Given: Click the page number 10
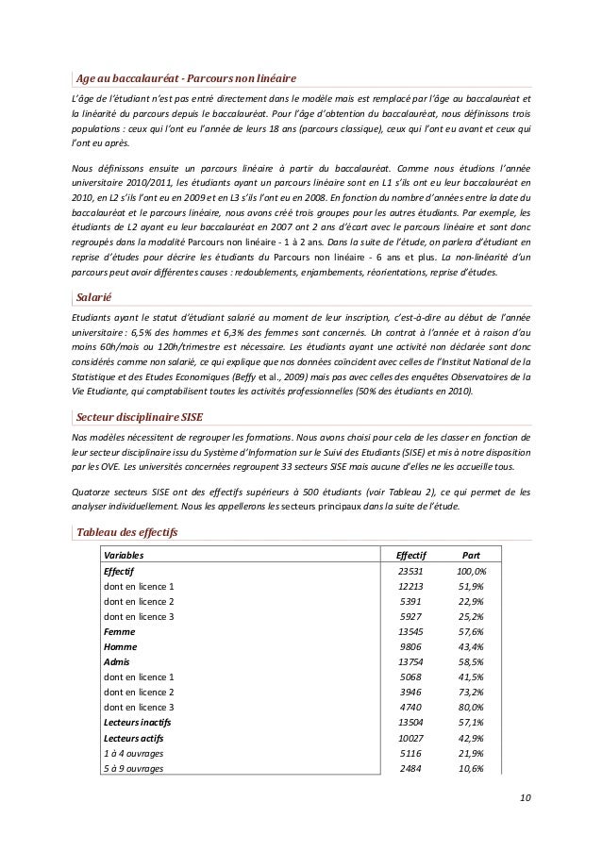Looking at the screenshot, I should click(x=525, y=801).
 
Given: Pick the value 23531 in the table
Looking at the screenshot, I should click(x=411, y=571).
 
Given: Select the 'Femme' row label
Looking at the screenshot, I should click(x=119, y=631).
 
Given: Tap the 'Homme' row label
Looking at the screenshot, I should click(x=120, y=647).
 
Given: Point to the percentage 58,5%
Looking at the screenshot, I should click(x=472, y=662).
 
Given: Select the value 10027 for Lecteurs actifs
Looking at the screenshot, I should click(x=411, y=738).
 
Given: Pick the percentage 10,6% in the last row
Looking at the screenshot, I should click(x=472, y=768).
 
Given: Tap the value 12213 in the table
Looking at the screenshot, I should click(x=411, y=586).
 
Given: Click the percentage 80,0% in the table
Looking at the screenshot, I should click(x=472, y=708).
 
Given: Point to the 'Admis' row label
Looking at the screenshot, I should click(x=117, y=662).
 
